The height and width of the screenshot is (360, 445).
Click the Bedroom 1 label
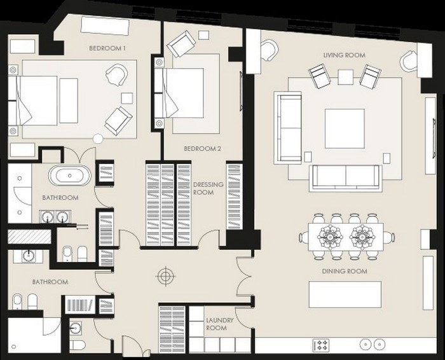[x=107, y=48]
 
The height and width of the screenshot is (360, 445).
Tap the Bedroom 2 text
[x=202, y=148]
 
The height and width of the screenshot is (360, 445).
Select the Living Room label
[x=345, y=55]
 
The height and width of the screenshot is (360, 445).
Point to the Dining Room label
[x=345, y=271]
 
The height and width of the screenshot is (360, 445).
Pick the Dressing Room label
[x=208, y=188]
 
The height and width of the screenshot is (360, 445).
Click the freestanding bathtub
[x=70, y=176]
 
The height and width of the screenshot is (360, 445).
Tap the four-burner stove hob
[x=321, y=345]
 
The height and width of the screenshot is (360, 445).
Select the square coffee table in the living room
[x=345, y=128]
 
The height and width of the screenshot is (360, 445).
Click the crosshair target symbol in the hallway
[x=165, y=275]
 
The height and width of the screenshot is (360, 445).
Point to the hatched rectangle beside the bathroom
[x=29, y=237]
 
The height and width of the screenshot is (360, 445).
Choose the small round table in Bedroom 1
[x=98, y=139]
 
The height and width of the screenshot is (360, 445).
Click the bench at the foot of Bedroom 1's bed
[x=69, y=100]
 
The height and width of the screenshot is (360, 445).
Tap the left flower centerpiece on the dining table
[x=330, y=236]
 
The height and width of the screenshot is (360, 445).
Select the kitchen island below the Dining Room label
[x=345, y=294]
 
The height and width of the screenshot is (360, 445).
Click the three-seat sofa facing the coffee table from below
[x=346, y=177]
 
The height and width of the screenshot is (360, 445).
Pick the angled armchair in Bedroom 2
[x=181, y=44]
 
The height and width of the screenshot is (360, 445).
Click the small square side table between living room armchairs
[x=345, y=77]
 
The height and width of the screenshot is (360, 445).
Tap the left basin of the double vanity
[x=48, y=218]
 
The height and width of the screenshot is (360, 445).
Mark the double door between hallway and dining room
[x=243, y=276]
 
